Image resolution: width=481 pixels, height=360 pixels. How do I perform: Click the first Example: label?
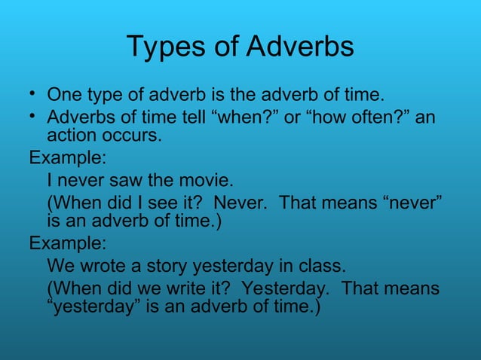67,160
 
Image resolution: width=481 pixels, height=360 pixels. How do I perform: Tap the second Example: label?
67,245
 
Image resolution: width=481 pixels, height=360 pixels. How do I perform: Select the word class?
322,267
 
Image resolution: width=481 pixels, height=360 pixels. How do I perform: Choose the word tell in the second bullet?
198,119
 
